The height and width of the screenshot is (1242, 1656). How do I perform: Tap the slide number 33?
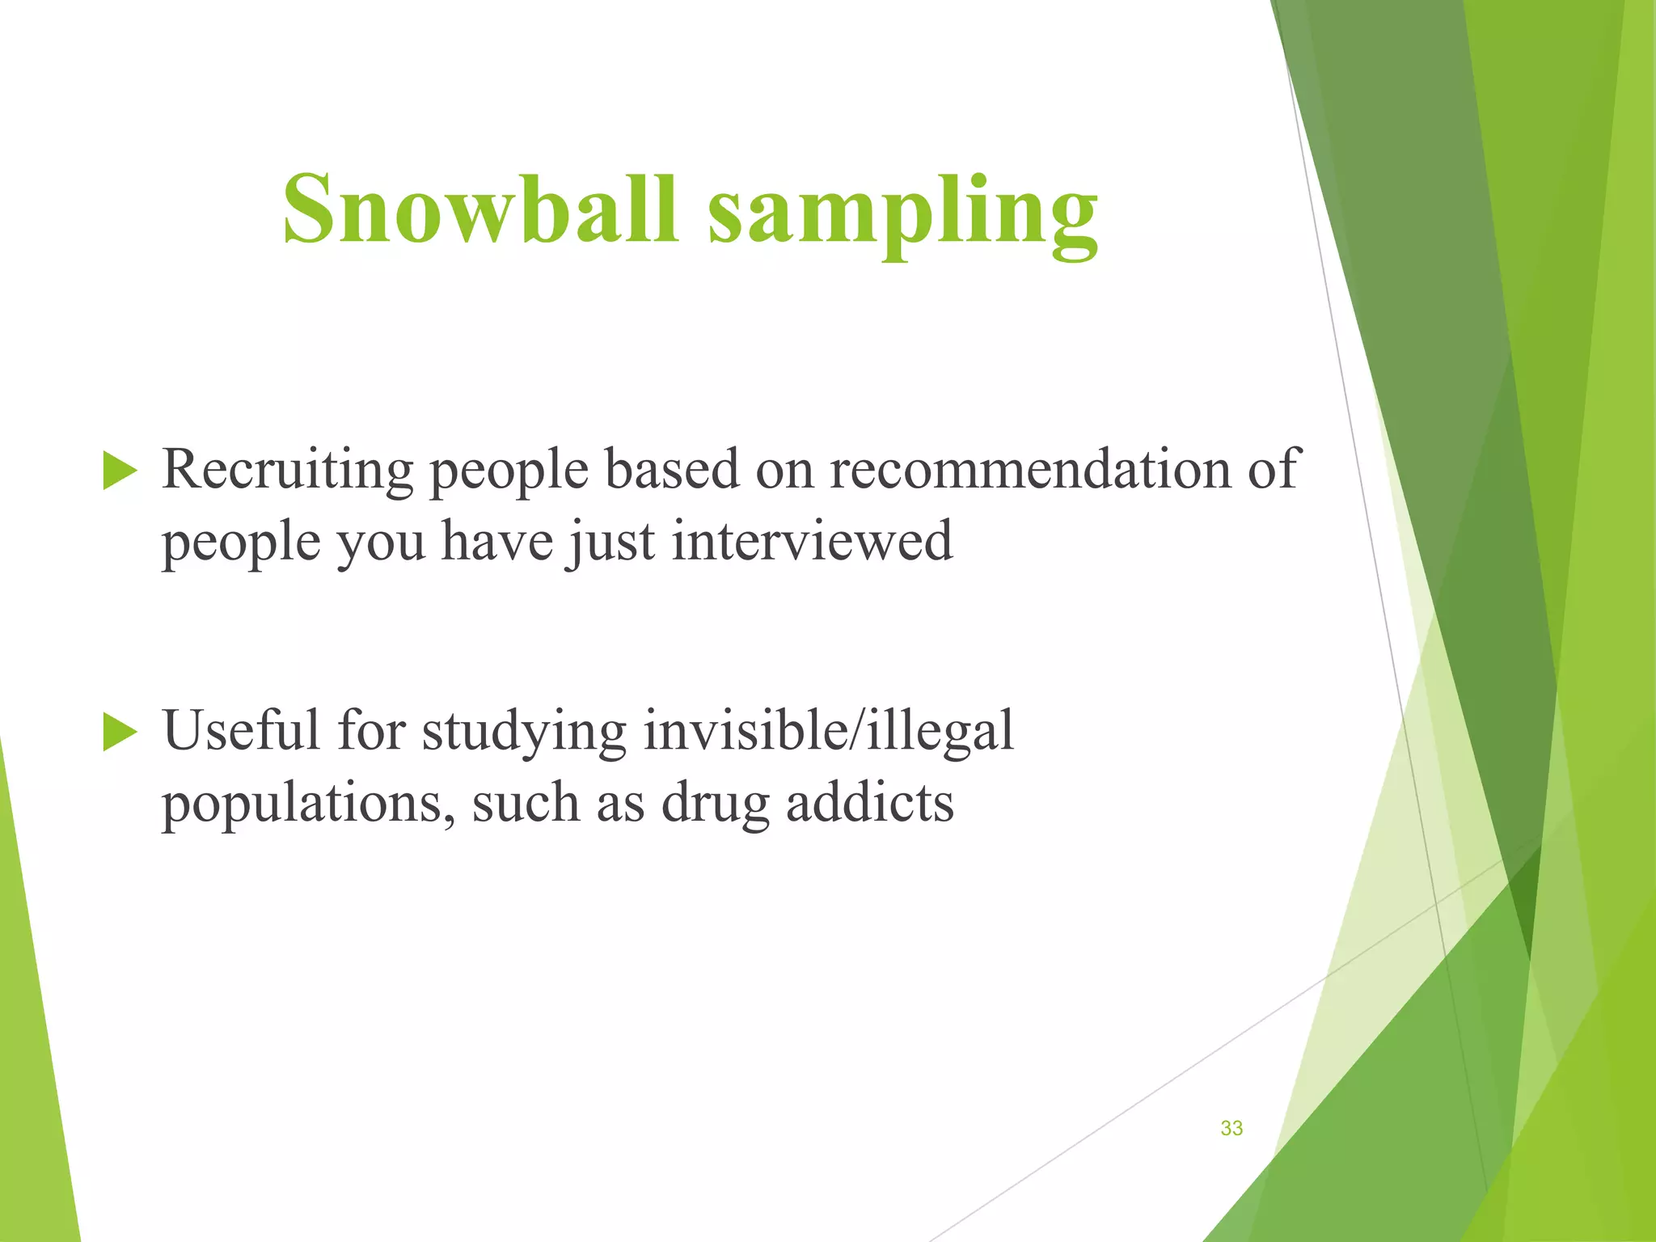(1231, 1128)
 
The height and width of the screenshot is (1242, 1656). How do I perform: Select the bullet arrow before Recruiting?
(120, 471)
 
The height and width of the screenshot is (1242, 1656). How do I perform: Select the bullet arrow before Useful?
(120, 733)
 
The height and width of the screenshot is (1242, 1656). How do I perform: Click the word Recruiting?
(287, 471)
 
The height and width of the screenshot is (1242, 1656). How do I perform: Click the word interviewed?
(812, 542)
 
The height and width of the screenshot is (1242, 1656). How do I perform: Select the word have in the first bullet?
(496, 542)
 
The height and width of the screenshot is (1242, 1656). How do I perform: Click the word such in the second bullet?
(526, 804)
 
